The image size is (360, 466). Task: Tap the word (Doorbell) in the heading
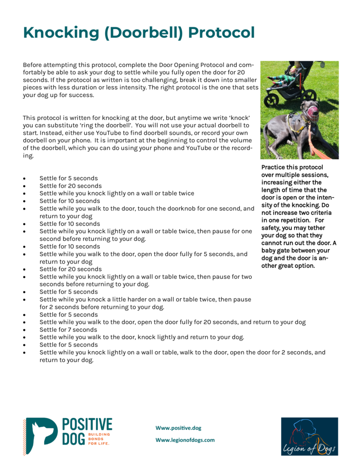tap(139, 33)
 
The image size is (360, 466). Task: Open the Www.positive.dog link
tap(178, 428)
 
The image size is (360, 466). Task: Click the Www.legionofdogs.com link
tap(185, 440)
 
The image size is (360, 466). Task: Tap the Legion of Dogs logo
tap(309, 436)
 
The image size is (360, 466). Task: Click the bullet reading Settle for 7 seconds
tap(68, 329)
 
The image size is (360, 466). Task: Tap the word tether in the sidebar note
tap(315, 228)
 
